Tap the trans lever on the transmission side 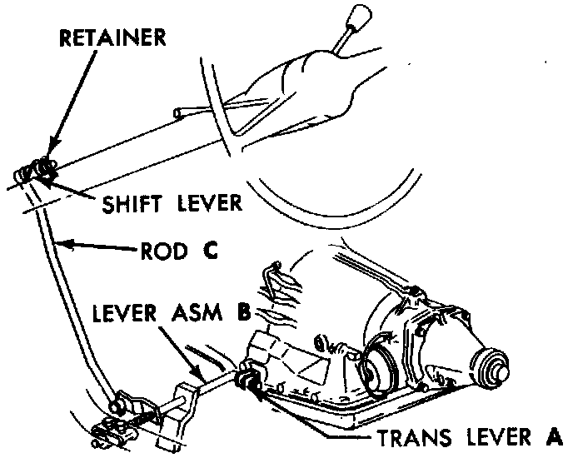pyautogui.click(x=248, y=380)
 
